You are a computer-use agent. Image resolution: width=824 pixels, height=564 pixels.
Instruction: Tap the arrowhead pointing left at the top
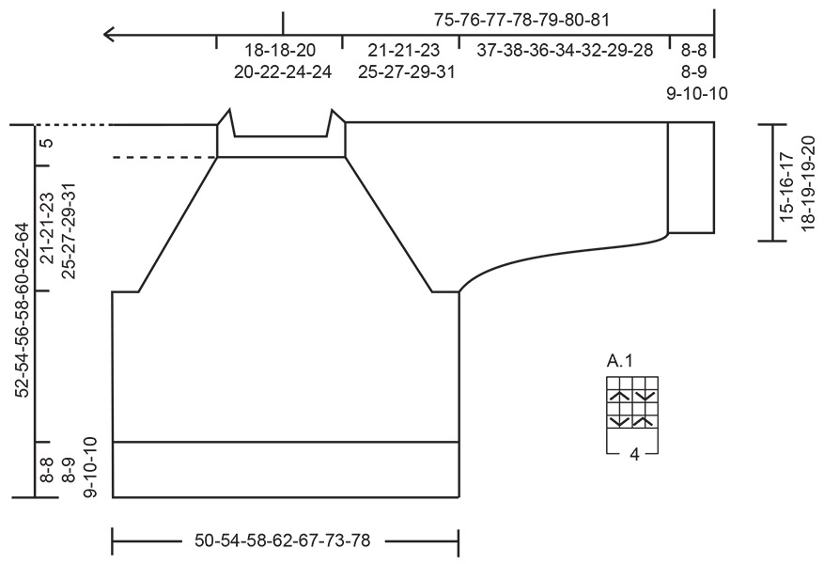click(x=111, y=36)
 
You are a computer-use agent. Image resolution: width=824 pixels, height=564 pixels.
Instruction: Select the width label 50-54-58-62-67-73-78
click(x=282, y=540)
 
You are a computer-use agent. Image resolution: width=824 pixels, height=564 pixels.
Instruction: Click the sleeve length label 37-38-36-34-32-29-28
click(x=565, y=51)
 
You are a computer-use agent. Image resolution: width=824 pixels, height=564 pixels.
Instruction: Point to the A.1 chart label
click(x=620, y=361)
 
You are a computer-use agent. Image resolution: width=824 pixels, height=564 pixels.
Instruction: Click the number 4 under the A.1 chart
click(x=634, y=454)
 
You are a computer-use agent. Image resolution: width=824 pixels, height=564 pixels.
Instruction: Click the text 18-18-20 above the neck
click(x=280, y=51)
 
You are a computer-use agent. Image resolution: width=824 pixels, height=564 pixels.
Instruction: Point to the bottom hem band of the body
click(x=286, y=468)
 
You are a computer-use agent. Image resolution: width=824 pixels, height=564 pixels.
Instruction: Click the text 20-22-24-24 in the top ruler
click(x=280, y=71)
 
